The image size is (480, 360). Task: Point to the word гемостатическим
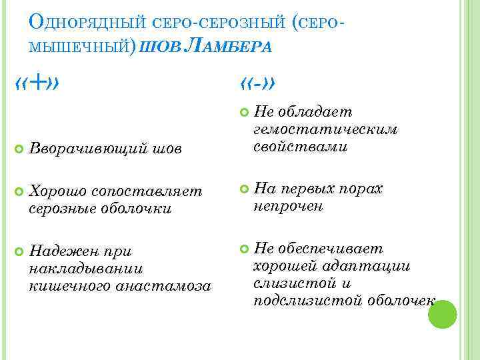tap(325, 130)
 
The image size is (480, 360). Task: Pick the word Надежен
tap(60, 252)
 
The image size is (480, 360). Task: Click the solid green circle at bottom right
tap(441, 315)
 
